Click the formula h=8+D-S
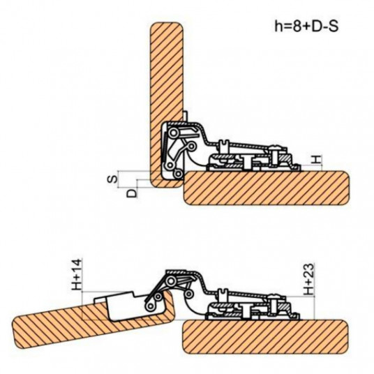pyautogui.click(x=306, y=26)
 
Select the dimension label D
pyautogui.click(x=132, y=193)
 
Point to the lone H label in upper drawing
pyautogui.click(x=317, y=159)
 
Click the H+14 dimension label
pyautogui.click(x=77, y=274)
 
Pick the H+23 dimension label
pyautogui.click(x=309, y=279)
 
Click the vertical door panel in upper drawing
pyautogui.click(x=167, y=105)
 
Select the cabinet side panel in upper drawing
pyautogui.click(x=267, y=188)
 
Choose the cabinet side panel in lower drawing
pyautogui.click(x=264, y=336)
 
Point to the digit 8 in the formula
pyautogui.click(x=297, y=27)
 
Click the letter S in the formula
pyautogui.click(x=334, y=27)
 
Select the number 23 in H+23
pyautogui.click(x=309, y=271)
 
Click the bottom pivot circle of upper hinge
pyautogui.click(x=178, y=174)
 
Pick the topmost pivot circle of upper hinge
pyautogui.click(x=174, y=133)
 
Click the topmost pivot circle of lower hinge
pyautogui.click(x=171, y=281)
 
